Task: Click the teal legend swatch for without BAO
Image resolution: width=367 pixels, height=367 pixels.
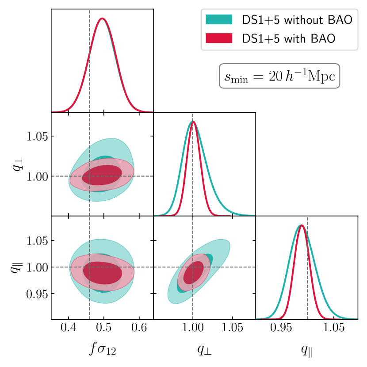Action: tap(219, 20)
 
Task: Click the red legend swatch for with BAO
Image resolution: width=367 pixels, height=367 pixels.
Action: tap(219, 38)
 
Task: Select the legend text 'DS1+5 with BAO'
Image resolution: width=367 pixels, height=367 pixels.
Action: tap(288, 38)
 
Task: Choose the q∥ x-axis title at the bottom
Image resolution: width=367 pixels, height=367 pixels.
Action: tap(306, 349)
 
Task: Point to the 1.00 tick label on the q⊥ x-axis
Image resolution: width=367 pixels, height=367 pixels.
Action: tap(193, 329)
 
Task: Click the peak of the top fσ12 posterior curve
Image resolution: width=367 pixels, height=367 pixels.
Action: tap(103, 19)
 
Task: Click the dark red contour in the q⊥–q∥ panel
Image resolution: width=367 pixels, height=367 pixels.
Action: tap(193, 272)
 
